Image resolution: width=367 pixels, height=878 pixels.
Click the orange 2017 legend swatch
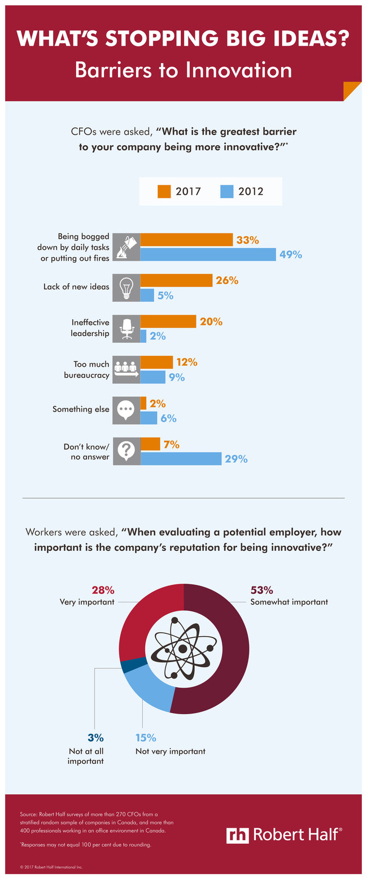coord(164,192)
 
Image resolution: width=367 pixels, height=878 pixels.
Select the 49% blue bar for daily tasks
coord(208,254)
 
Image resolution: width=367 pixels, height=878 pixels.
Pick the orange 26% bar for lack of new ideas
coord(176,280)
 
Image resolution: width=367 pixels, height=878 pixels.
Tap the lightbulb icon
coord(126,287)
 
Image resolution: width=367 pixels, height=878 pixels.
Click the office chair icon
coord(126,328)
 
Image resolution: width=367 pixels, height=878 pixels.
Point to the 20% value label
coord(211,321)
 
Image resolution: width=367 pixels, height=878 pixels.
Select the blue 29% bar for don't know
coord(181,458)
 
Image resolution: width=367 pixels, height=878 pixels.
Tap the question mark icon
coord(126,451)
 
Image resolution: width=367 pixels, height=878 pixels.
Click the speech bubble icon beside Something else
coord(126,410)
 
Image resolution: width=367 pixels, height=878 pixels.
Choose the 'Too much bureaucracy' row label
coord(91,369)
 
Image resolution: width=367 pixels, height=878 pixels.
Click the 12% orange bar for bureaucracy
coord(156,362)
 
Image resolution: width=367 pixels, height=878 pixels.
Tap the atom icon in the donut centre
coord(183,649)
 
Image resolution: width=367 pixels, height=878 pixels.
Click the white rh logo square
coord(237,835)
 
